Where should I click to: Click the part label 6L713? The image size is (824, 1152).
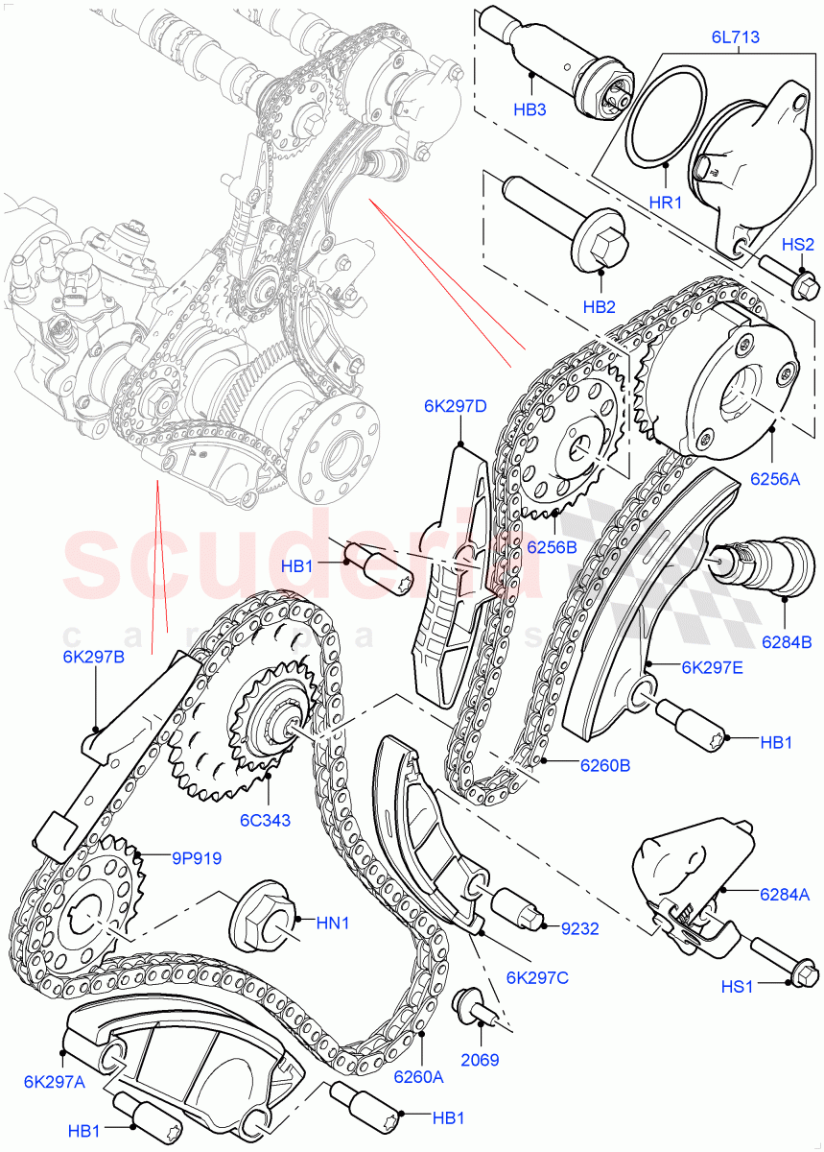(x=735, y=38)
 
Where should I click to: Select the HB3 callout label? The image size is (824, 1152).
(x=529, y=110)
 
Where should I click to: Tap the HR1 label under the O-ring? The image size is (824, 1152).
(x=665, y=204)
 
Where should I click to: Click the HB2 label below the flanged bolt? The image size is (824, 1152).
(x=599, y=307)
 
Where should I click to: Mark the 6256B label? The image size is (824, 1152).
(x=551, y=546)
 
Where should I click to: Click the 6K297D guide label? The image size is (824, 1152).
(x=455, y=406)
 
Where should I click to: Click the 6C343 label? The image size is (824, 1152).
(x=266, y=820)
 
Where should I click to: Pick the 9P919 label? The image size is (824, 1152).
(x=198, y=858)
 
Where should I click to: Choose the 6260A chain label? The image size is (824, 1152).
(x=418, y=1076)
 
